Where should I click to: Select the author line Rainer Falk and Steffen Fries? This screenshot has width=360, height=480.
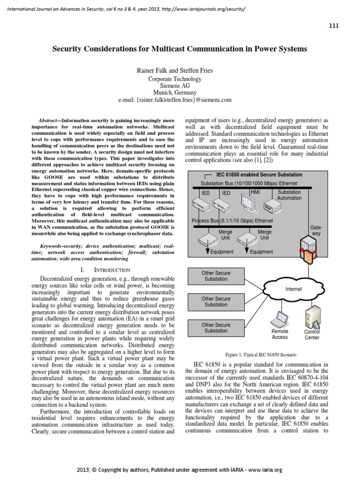pos(174,71)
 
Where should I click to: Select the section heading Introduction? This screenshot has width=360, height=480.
pos(105,270)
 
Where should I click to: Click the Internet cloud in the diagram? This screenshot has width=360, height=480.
pos(293,289)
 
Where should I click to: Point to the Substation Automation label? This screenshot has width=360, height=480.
pos(289,195)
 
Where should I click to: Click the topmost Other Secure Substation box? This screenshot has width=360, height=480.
pos(216,276)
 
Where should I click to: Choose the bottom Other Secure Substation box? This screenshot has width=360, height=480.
pos(216,328)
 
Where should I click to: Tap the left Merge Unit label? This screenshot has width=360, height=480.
pos(225,234)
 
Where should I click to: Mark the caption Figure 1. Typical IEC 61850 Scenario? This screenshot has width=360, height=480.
pos(261,354)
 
